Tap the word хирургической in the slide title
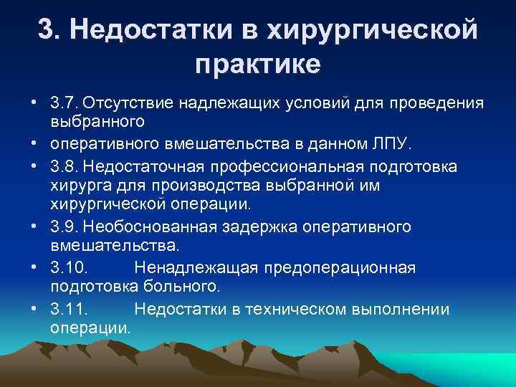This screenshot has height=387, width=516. click(371, 29)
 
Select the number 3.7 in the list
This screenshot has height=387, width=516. click(65, 104)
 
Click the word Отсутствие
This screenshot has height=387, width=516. click(129, 104)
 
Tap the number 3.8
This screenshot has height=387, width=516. click(65, 166)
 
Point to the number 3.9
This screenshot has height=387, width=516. click(65, 227)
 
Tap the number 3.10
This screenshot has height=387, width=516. click(69, 269)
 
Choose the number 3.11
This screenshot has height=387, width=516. click(69, 310)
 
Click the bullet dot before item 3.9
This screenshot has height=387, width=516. click(34, 227)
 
